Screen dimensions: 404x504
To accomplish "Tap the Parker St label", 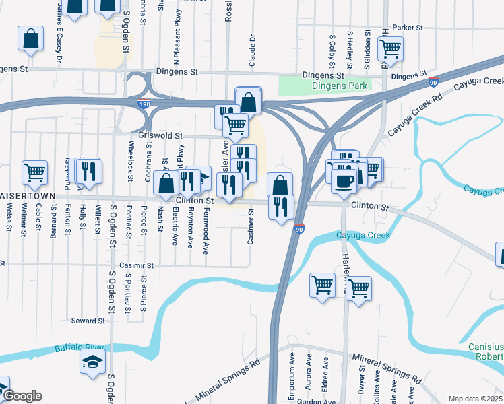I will [408, 28].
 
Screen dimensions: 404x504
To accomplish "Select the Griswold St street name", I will [161, 135].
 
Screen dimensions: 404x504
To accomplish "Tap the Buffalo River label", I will [81, 347].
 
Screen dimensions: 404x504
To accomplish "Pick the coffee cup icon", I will [344, 180].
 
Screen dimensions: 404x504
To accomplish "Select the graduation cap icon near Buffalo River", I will [93, 362].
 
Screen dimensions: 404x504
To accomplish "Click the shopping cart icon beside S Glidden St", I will [390, 48].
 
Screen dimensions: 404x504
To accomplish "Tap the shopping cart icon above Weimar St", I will [34, 172].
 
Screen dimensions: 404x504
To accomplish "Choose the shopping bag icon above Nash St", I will [166, 182].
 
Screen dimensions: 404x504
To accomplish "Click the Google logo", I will [22, 396].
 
